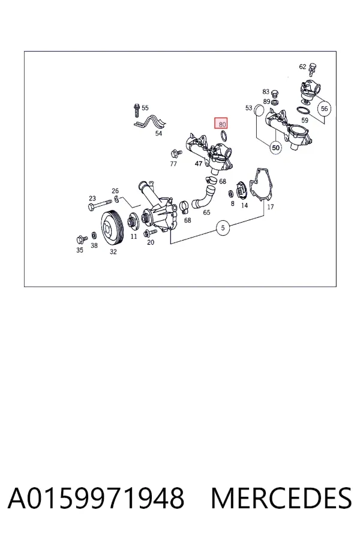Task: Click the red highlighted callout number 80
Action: pyautogui.click(x=221, y=123)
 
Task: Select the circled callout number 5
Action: pyautogui.click(x=223, y=227)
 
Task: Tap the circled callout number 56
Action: pyautogui.click(x=324, y=109)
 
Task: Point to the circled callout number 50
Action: pyautogui.click(x=275, y=148)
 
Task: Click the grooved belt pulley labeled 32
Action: pyautogui.click(x=112, y=227)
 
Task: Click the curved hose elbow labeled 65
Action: pyautogui.click(x=203, y=197)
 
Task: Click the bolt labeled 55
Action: pyautogui.click(x=137, y=110)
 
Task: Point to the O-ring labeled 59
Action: pyautogui.click(x=303, y=111)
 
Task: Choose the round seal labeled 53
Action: pyautogui.click(x=259, y=110)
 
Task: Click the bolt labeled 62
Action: pyautogui.click(x=313, y=70)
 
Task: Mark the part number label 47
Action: pyautogui.click(x=199, y=164)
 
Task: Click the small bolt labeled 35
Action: pyautogui.click(x=82, y=239)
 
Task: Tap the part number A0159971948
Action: pyautogui.click(x=96, y=498)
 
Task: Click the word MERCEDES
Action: pyautogui.click(x=281, y=498)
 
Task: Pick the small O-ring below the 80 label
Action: pyautogui.click(x=224, y=136)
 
